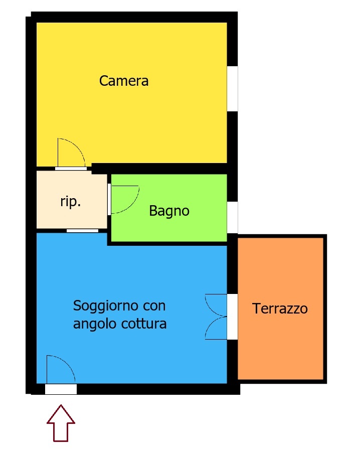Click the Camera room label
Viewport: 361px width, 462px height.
pos(124,81)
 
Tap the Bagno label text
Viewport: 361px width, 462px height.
pos(169,211)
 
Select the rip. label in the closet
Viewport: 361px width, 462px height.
pos(71,202)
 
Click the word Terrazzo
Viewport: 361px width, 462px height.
pos(280,309)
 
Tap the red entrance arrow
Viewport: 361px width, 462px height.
pos(61,423)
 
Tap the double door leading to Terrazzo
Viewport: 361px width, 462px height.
pos(216,317)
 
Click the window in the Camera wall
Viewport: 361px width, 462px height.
pos(233,89)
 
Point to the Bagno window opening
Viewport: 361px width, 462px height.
pos(233,217)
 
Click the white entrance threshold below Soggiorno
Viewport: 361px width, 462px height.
pos(61,389)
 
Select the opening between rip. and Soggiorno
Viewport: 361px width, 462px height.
pos(82,231)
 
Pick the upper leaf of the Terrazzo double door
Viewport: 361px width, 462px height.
pos(216,305)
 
